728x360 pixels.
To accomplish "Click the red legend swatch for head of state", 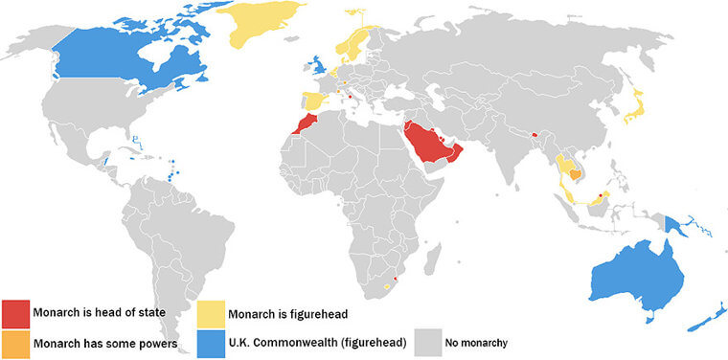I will [x=15, y=313].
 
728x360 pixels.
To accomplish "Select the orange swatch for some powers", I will [x=15, y=344].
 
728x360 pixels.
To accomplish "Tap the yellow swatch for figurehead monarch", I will [x=210, y=313].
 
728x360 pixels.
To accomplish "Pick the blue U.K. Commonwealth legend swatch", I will [x=210, y=344].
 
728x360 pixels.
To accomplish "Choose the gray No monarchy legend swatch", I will [x=427, y=344].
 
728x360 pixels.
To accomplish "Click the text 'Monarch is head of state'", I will [x=100, y=313].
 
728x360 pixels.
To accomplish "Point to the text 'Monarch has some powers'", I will [x=102, y=344].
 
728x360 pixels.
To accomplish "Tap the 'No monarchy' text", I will [x=476, y=344].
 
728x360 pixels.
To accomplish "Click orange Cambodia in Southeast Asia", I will [x=573, y=173].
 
